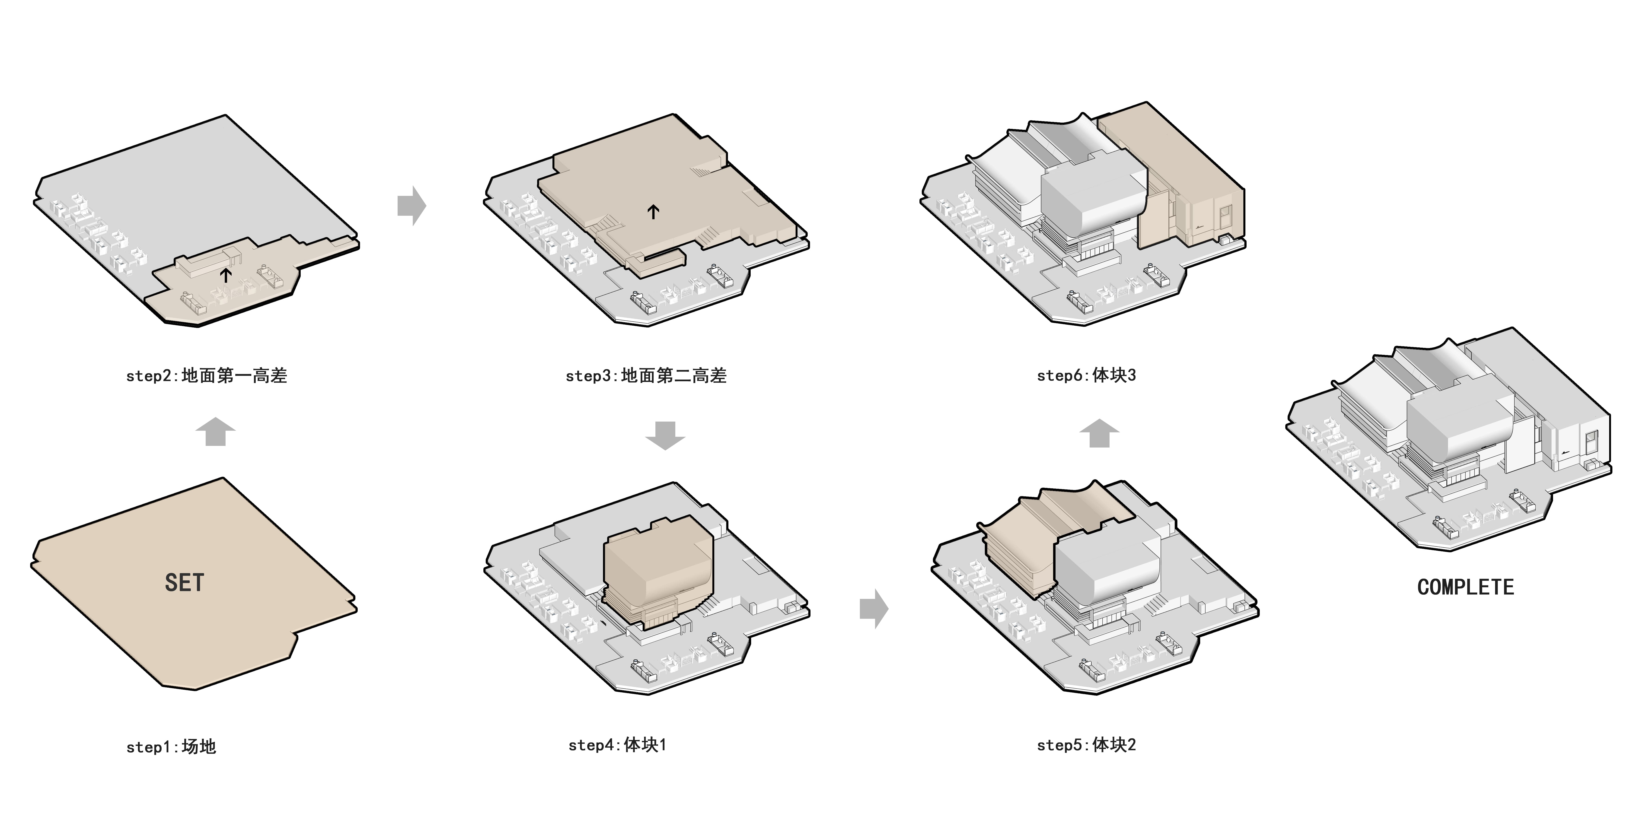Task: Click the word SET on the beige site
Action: (184, 582)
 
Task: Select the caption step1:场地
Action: (171, 747)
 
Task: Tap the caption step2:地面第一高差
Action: (207, 376)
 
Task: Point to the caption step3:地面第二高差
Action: (646, 376)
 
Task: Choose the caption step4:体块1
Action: (617, 745)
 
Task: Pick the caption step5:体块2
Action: (1086, 745)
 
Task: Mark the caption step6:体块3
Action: (1086, 375)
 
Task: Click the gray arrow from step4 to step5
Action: (874, 609)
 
